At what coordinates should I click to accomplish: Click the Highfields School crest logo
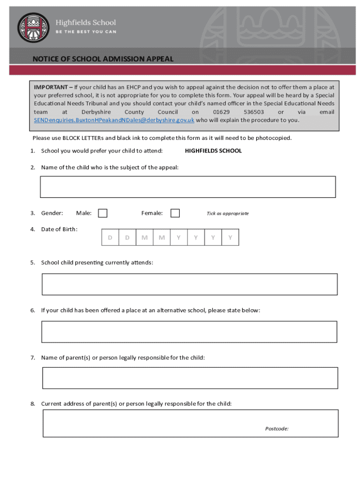(33, 28)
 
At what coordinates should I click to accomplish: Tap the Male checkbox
(102, 213)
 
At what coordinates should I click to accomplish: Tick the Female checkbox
(175, 213)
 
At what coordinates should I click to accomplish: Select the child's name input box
(188, 187)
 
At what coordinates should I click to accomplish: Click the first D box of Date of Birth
(110, 238)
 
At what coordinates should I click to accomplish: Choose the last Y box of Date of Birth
(230, 238)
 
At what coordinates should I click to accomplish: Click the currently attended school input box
(189, 284)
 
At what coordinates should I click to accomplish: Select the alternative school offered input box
(189, 332)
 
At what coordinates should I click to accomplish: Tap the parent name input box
(190, 378)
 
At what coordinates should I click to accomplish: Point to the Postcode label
(277, 428)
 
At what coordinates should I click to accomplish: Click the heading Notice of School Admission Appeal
(103, 59)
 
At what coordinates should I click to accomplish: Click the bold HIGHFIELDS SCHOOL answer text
(213, 151)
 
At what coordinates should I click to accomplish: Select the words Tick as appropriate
(228, 214)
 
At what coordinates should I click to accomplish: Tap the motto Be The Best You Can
(86, 32)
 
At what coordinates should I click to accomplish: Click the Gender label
(52, 213)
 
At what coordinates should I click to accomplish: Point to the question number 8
(33, 404)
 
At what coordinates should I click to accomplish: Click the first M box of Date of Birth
(144, 238)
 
